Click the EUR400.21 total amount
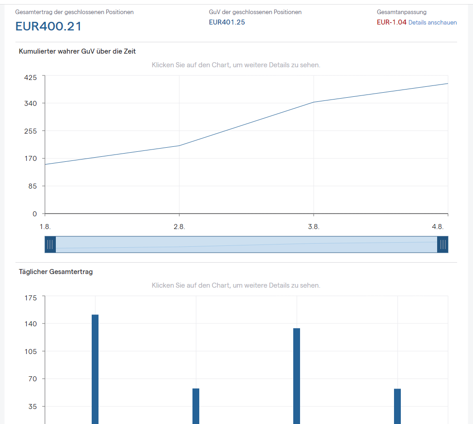point(48,26)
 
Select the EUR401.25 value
point(227,22)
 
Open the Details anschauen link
point(432,22)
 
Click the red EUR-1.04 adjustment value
point(392,22)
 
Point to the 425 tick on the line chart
point(30,78)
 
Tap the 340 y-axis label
point(30,104)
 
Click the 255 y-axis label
point(30,131)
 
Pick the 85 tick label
point(33,186)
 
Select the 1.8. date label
point(45,227)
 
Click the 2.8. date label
point(179,227)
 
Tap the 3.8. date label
point(313,227)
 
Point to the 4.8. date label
point(438,227)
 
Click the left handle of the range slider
point(50,244)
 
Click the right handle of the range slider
point(443,244)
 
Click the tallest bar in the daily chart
point(95,369)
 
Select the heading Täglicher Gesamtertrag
point(56,272)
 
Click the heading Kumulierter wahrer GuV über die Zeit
point(77,51)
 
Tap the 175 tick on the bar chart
point(30,298)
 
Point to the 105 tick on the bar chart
point(30,352)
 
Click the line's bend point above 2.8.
point(179,146)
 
